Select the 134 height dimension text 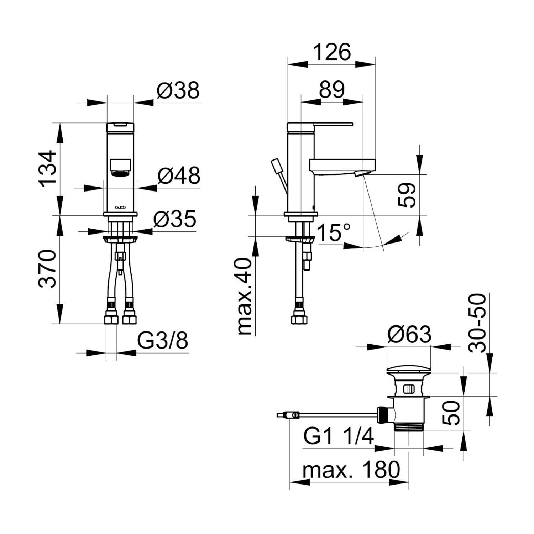[48, 168]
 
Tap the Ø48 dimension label [179, 176]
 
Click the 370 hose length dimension [47, 269]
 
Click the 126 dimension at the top [332, 52]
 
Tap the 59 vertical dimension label [407, 195]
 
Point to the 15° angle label [334, 233]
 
